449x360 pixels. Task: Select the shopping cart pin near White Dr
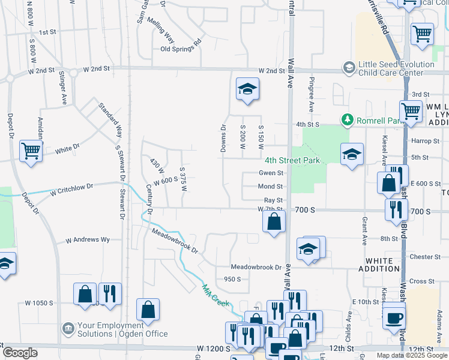pos(31,151)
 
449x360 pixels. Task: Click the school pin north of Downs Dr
pos(247,89)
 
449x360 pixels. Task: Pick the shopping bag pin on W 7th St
pos(274,221)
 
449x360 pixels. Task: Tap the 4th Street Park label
pos(292,160)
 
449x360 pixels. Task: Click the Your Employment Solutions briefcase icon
pos(67,329)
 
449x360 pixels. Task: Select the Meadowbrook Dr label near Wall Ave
pos(256,267)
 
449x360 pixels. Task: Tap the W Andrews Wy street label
pos(88,239)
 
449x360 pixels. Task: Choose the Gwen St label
pos(271,173)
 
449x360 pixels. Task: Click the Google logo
pos(20,353)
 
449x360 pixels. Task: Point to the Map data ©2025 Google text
pos(412,355)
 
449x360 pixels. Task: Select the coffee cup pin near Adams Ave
pos(394,317)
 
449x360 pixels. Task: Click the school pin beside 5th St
pos(352,154)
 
